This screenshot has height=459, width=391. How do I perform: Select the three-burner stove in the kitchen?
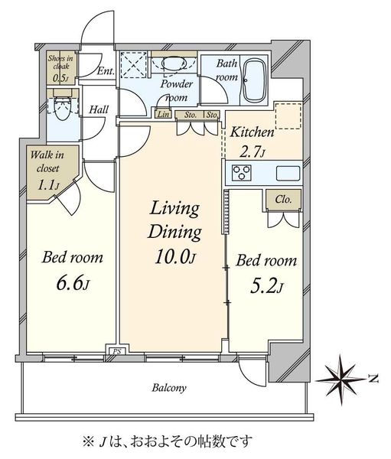[x=241, y=172]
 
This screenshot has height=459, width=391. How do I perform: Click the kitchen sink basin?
[x=288, y=173]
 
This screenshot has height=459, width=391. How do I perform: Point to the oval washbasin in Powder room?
[x=174, y=63]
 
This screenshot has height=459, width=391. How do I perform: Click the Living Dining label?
[x=175, y=220]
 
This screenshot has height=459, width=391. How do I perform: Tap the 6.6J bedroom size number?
[x=73, y=283]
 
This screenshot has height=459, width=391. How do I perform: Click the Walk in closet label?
[x=47, y=161]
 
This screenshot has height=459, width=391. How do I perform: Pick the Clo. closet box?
[x=284, y=200]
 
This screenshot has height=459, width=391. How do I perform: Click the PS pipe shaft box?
[x=117, y=351]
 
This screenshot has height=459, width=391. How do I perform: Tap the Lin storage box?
[x=163, y=113]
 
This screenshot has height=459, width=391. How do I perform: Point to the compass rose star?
[x=341, y=379]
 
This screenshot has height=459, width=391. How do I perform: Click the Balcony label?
[x=169, y=388]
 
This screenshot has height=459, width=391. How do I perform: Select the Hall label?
[x=99, y=109]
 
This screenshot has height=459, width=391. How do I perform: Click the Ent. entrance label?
[x=106, y=71]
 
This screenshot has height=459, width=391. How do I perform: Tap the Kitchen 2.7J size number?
[x=253, y=152]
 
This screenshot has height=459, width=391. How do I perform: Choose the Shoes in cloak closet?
[x=61, y=67]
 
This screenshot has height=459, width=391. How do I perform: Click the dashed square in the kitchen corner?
[x=288, y=116]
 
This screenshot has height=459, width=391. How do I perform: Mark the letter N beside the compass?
[x=373, y=379]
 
